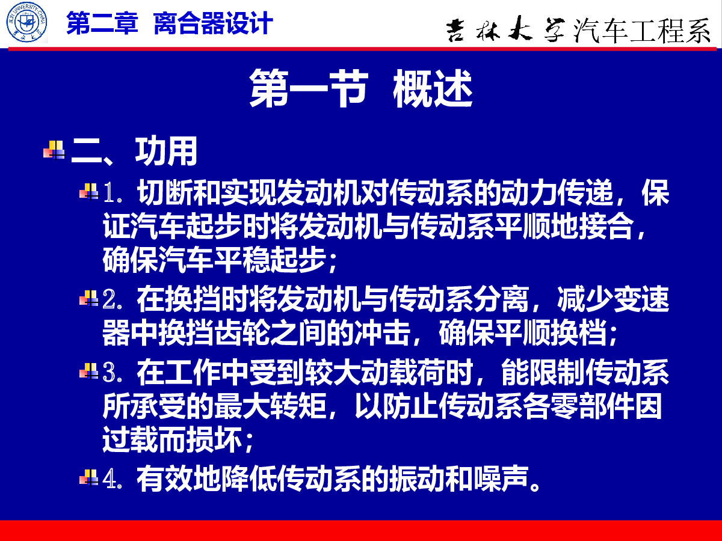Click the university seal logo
26,22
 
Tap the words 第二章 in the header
102,23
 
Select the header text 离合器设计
213,23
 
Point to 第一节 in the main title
308,88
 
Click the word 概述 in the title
433,88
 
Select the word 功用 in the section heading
166,151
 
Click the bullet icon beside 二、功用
54,150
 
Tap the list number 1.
112,193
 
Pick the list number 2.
112,299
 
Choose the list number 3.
112,372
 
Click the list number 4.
112,479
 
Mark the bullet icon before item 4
89,478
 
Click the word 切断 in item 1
165,192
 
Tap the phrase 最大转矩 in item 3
270,406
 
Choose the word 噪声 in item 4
501,479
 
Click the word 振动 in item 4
417,479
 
